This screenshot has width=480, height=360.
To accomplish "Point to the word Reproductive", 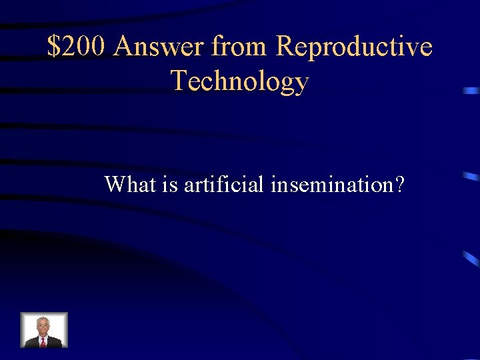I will click(x=354, y=47).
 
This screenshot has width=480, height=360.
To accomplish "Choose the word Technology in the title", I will click(x=240, y=81).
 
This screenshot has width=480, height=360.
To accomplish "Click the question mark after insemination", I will click(x=399, y=184).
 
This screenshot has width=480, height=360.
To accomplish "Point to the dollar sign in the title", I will click(x=53, y=47).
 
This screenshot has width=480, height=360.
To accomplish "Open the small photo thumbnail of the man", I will click(x=44, y=330).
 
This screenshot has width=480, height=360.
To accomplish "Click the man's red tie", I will click(x=43, y=341).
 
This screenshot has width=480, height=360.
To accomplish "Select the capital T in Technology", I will click(x=179, y=81).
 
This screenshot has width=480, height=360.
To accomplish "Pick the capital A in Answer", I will click(x=124, y=47).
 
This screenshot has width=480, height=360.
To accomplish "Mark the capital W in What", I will click(x=115, y=184).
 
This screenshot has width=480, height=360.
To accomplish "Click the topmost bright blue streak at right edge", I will click(x=471, y=89).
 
